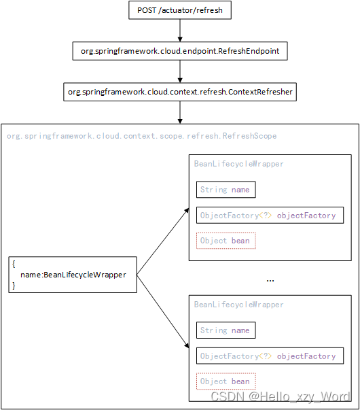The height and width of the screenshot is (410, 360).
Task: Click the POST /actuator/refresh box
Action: coord(179,11)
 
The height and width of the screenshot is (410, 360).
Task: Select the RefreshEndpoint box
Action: coord(179,51)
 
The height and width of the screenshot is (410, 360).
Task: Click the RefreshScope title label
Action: coord(141,136)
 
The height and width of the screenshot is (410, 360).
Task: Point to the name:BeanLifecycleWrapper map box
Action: coord(73,275)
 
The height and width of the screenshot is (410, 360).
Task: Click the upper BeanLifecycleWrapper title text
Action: coord(238,164)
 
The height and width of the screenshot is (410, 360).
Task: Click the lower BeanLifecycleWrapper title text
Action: coord(238,305)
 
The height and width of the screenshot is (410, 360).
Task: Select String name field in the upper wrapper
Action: coord(225,190)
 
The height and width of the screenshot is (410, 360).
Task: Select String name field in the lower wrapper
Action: coord(225,330)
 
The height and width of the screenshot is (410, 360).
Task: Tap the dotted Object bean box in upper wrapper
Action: coord(226,241)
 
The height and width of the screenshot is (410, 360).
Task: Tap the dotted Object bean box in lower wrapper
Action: coord(226,381)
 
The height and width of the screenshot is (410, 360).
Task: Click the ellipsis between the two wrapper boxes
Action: coord(270,279)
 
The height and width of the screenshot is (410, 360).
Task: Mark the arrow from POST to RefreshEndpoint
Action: coord(179,31)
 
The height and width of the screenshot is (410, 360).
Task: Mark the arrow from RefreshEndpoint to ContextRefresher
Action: coord(179,71)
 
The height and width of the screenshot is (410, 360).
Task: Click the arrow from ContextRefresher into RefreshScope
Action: coord(179,112)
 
